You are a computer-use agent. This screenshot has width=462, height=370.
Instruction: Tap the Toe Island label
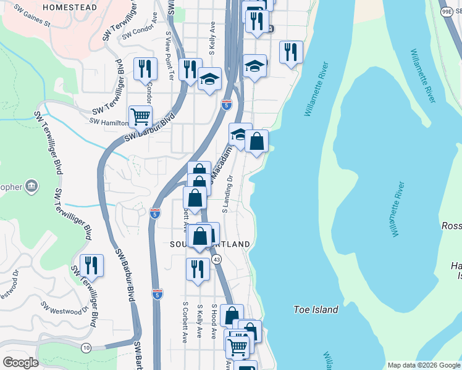point(315,310)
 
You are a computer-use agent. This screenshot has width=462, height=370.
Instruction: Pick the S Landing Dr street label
point(227,194)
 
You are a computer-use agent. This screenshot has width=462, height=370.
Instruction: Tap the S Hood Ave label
point(214,320)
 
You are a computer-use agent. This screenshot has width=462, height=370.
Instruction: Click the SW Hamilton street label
point(108,122)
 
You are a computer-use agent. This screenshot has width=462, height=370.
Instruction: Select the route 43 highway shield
point(216,260)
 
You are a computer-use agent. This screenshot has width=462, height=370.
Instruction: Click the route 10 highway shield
point(85,348)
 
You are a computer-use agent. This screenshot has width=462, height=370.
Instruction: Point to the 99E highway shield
point(447,12)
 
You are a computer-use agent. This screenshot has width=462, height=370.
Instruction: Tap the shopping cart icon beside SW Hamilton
point(141,115)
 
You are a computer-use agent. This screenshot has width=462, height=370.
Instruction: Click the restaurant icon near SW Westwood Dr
point(91,265)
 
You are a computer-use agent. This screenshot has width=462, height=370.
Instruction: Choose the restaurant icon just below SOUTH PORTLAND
point(198,269)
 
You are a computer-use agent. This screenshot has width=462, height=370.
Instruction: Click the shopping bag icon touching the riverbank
point(257,141)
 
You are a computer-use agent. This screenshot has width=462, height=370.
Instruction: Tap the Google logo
point(20,363)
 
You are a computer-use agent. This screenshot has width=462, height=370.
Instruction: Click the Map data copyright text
point(423,365)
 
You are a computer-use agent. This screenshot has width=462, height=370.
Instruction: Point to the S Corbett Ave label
point(185,322)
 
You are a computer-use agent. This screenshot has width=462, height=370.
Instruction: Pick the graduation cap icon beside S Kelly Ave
point(210,78)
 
